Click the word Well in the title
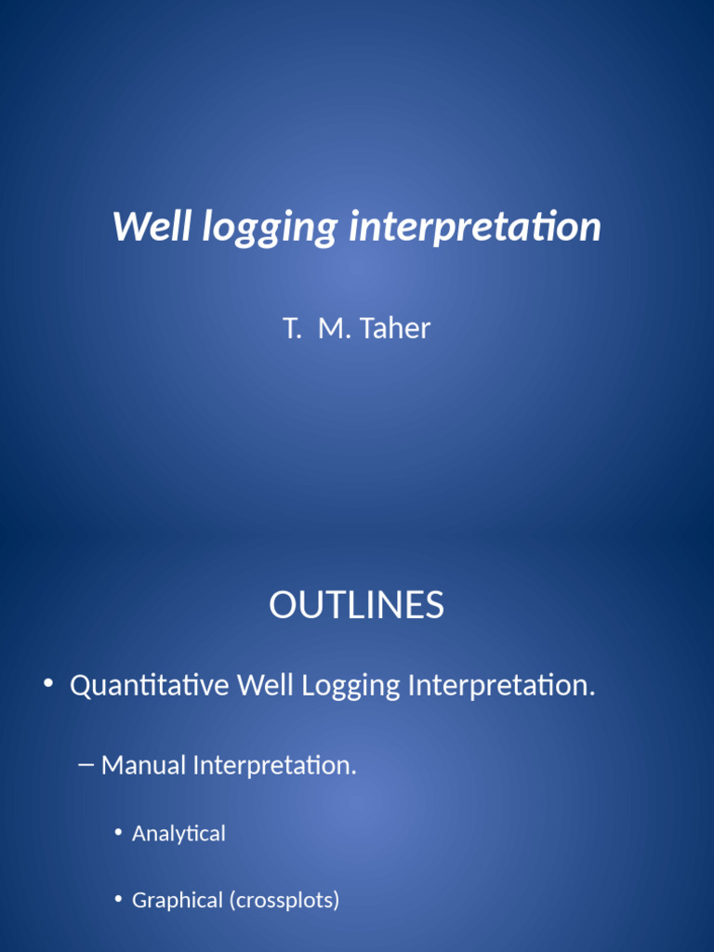(152, 227)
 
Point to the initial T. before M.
(292, 328)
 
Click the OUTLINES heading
(357, 605)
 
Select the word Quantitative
(150, 686)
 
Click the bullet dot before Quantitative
(48, 685)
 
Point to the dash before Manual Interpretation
(86, 764)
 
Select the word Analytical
(178, 834)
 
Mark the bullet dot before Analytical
(119, 833)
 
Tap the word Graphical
(178, 901)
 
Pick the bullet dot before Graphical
(119, 900)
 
